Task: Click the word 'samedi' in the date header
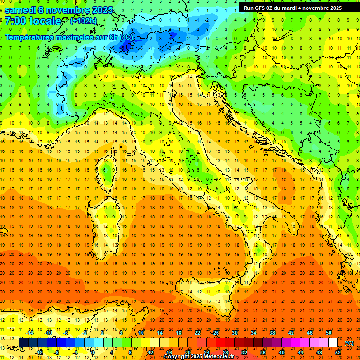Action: pyautogui.click(x=21, y=10)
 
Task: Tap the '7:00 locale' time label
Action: pyautogui.click(x=33, y=21)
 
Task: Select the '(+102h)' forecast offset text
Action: pyautogui.click(x=84, y=21)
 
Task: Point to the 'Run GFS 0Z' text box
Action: pyautogui.click(x=292, y=8)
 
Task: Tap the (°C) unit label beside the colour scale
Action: pyautogui.click(x=349, y=343)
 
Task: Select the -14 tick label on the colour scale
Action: pyautogui.click(x=30, y=333)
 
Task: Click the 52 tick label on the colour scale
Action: pyautogui.click(x=338, y=352)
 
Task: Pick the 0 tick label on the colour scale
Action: pyautogui.click(x=93, y=352)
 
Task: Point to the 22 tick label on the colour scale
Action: pyautogui.click(x=197, y=333)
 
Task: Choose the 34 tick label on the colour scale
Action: pyautogui.click(x=253, y=333)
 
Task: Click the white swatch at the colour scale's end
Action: pyautogui.click(x=333, y=343)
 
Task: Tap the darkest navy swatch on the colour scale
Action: pyautogui.click(x=23, y=343)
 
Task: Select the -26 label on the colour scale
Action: pyautogui.click(x=215, y=333)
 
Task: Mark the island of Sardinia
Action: pyautogui.click(x=104, y=218)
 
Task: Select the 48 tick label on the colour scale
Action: pyautogui.click(x=319, y=352)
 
